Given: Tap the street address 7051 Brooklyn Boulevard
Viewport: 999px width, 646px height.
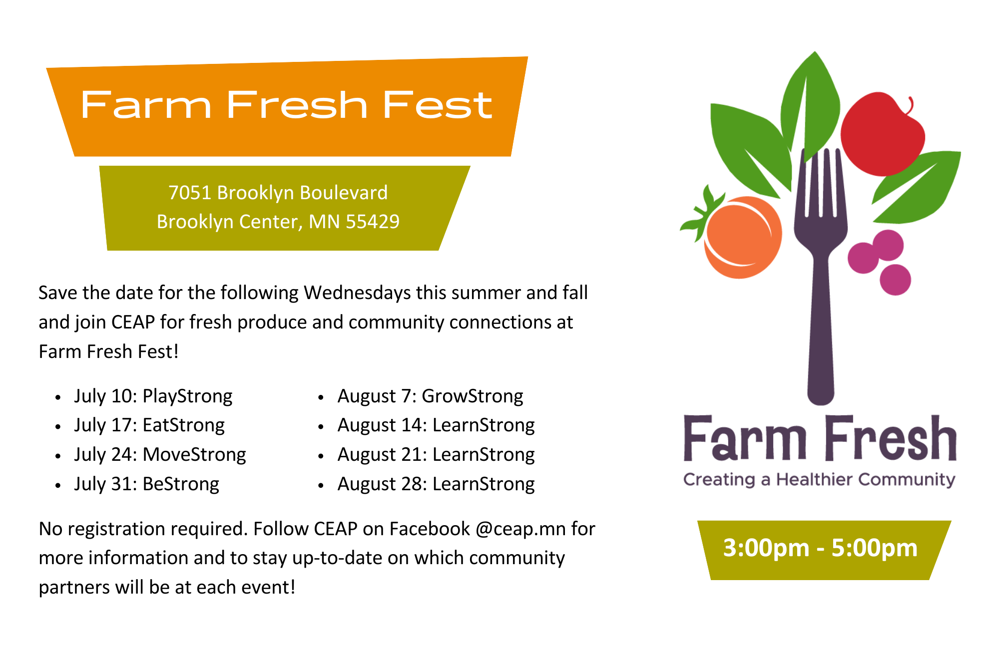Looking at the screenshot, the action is click(x=278, y=193).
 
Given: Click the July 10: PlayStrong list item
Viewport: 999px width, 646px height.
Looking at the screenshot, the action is click(x=153, y=396).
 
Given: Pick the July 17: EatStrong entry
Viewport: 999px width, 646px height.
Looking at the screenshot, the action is click(x=149, y=425).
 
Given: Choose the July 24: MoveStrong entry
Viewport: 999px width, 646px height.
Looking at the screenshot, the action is click(x=160, y=455).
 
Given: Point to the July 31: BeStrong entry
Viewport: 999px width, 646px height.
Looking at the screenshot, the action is click(x=146, y=484).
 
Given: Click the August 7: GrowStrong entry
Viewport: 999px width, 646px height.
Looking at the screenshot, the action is click(x=430, y=396).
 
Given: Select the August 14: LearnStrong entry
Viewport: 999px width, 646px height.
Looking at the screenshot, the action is click(x=436, y=425).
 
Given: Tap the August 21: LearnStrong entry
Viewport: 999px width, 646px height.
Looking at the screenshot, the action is click(x=436, y=455).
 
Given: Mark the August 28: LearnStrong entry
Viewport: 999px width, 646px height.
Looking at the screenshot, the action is click(x=436, y=484).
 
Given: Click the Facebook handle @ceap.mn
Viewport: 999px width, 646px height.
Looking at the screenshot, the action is click(x=520, y=529).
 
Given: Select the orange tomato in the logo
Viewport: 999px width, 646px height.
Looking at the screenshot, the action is click(x=743, y=237).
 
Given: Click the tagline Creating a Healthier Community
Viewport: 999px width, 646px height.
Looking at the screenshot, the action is click(x=819, y=480).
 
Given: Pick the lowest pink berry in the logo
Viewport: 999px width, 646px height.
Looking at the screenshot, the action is click(x=895, y=280).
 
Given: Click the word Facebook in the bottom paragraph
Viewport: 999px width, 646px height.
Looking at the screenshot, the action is click(x=430, y=529).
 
